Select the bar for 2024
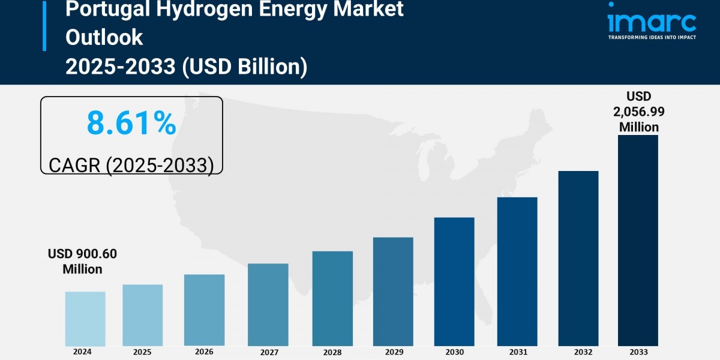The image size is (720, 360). (85, 319)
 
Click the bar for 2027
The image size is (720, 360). (268, 304)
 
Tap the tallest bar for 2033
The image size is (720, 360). (638, 240)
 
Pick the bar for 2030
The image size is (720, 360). (454, 281)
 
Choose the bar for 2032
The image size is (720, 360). (578, 258)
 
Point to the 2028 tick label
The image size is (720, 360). (332, 352)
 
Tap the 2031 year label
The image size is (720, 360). (517, 352)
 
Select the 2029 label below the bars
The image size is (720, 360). (393, 352)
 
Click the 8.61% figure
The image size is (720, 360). (131, 123)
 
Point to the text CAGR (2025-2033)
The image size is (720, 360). (131, 164)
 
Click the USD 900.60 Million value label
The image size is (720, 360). (82, 262)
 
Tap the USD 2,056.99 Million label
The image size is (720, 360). (638, 112)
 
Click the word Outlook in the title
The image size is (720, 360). (104, 37)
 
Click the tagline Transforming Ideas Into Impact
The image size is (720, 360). (652, 37)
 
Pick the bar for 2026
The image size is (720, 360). (204, 310)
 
